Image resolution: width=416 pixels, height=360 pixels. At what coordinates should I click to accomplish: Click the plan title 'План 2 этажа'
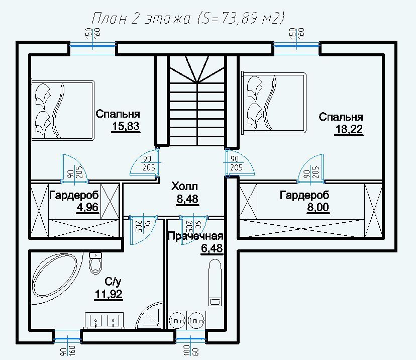[x=141, y=19]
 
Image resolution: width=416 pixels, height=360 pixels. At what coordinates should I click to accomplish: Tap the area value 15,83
[x=126, y=126]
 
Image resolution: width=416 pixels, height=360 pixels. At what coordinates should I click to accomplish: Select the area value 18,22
[x=349, y=129]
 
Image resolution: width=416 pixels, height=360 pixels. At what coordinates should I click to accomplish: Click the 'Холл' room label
[x=185, y=187]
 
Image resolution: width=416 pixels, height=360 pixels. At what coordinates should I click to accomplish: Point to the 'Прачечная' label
[x=196, y=236]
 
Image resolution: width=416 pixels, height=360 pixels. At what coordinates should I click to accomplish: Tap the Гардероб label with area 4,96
[x=74, y=195]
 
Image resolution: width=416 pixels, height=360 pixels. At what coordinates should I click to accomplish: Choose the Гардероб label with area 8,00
[x=304, y=195]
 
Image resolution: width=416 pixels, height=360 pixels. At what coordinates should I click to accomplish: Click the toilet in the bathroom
[x=95, y=263]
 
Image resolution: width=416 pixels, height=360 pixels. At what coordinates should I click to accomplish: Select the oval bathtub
[x=55, y=277]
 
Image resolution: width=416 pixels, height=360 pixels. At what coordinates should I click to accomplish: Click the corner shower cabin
[x=150, y=316]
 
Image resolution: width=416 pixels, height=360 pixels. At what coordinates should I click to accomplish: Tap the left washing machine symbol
[x=177, y=320]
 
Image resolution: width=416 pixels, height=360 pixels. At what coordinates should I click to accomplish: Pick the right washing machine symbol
[x=196, y=320]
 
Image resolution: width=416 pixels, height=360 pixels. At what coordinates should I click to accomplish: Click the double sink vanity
[x=105, y=321]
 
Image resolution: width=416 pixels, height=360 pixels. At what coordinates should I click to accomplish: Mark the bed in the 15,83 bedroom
[x=63, y=110]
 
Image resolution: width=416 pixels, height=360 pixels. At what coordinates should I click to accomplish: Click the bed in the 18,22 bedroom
[x=273, y=103]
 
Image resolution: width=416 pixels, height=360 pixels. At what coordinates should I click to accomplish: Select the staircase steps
[x=197, y=101]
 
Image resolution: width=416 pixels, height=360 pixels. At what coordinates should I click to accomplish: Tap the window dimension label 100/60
[x=190, y=350]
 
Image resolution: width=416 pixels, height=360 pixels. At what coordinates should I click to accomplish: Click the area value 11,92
[x=109, y=294]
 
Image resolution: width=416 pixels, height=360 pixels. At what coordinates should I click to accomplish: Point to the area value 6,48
[x=212, y=248]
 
